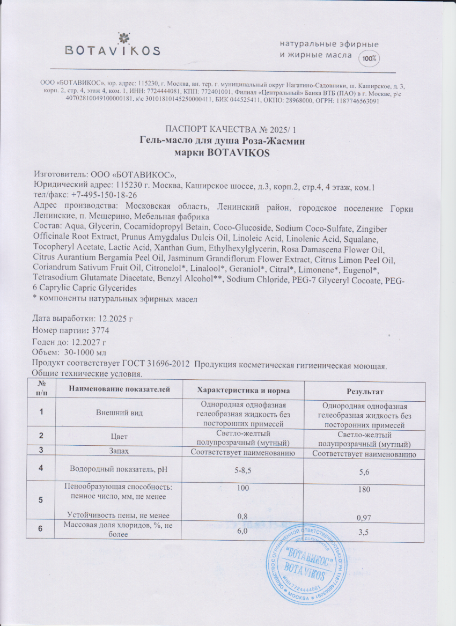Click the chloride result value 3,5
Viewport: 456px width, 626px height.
(364, 532)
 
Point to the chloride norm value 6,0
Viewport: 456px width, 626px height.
(242, 531)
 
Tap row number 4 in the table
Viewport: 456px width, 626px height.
(41, 468)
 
